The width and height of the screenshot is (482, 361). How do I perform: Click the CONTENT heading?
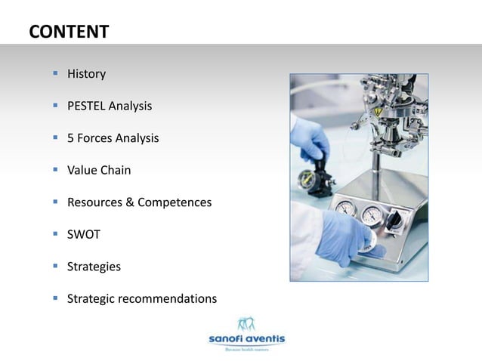(x=69, y=32)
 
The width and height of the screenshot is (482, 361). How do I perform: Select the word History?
(x=86, y=74)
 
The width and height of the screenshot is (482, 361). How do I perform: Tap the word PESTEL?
(x=86, y=106)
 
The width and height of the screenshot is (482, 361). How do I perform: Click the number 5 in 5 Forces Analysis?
(x=71, y=138)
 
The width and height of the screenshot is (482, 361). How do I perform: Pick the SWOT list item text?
(x=84, y=235)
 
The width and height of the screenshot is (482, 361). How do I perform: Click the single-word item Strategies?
(x=94, y=267)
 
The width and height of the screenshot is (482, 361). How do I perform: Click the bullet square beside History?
(x=55, y=73)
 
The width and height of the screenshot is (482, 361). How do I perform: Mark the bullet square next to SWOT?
(x=55, y=234)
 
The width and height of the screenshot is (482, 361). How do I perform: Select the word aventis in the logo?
(x=264, y=339)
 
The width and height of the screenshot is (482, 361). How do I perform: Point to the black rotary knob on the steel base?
(x=394, y=218)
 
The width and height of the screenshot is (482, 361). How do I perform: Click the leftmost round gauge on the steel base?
(x=345, y=209)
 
